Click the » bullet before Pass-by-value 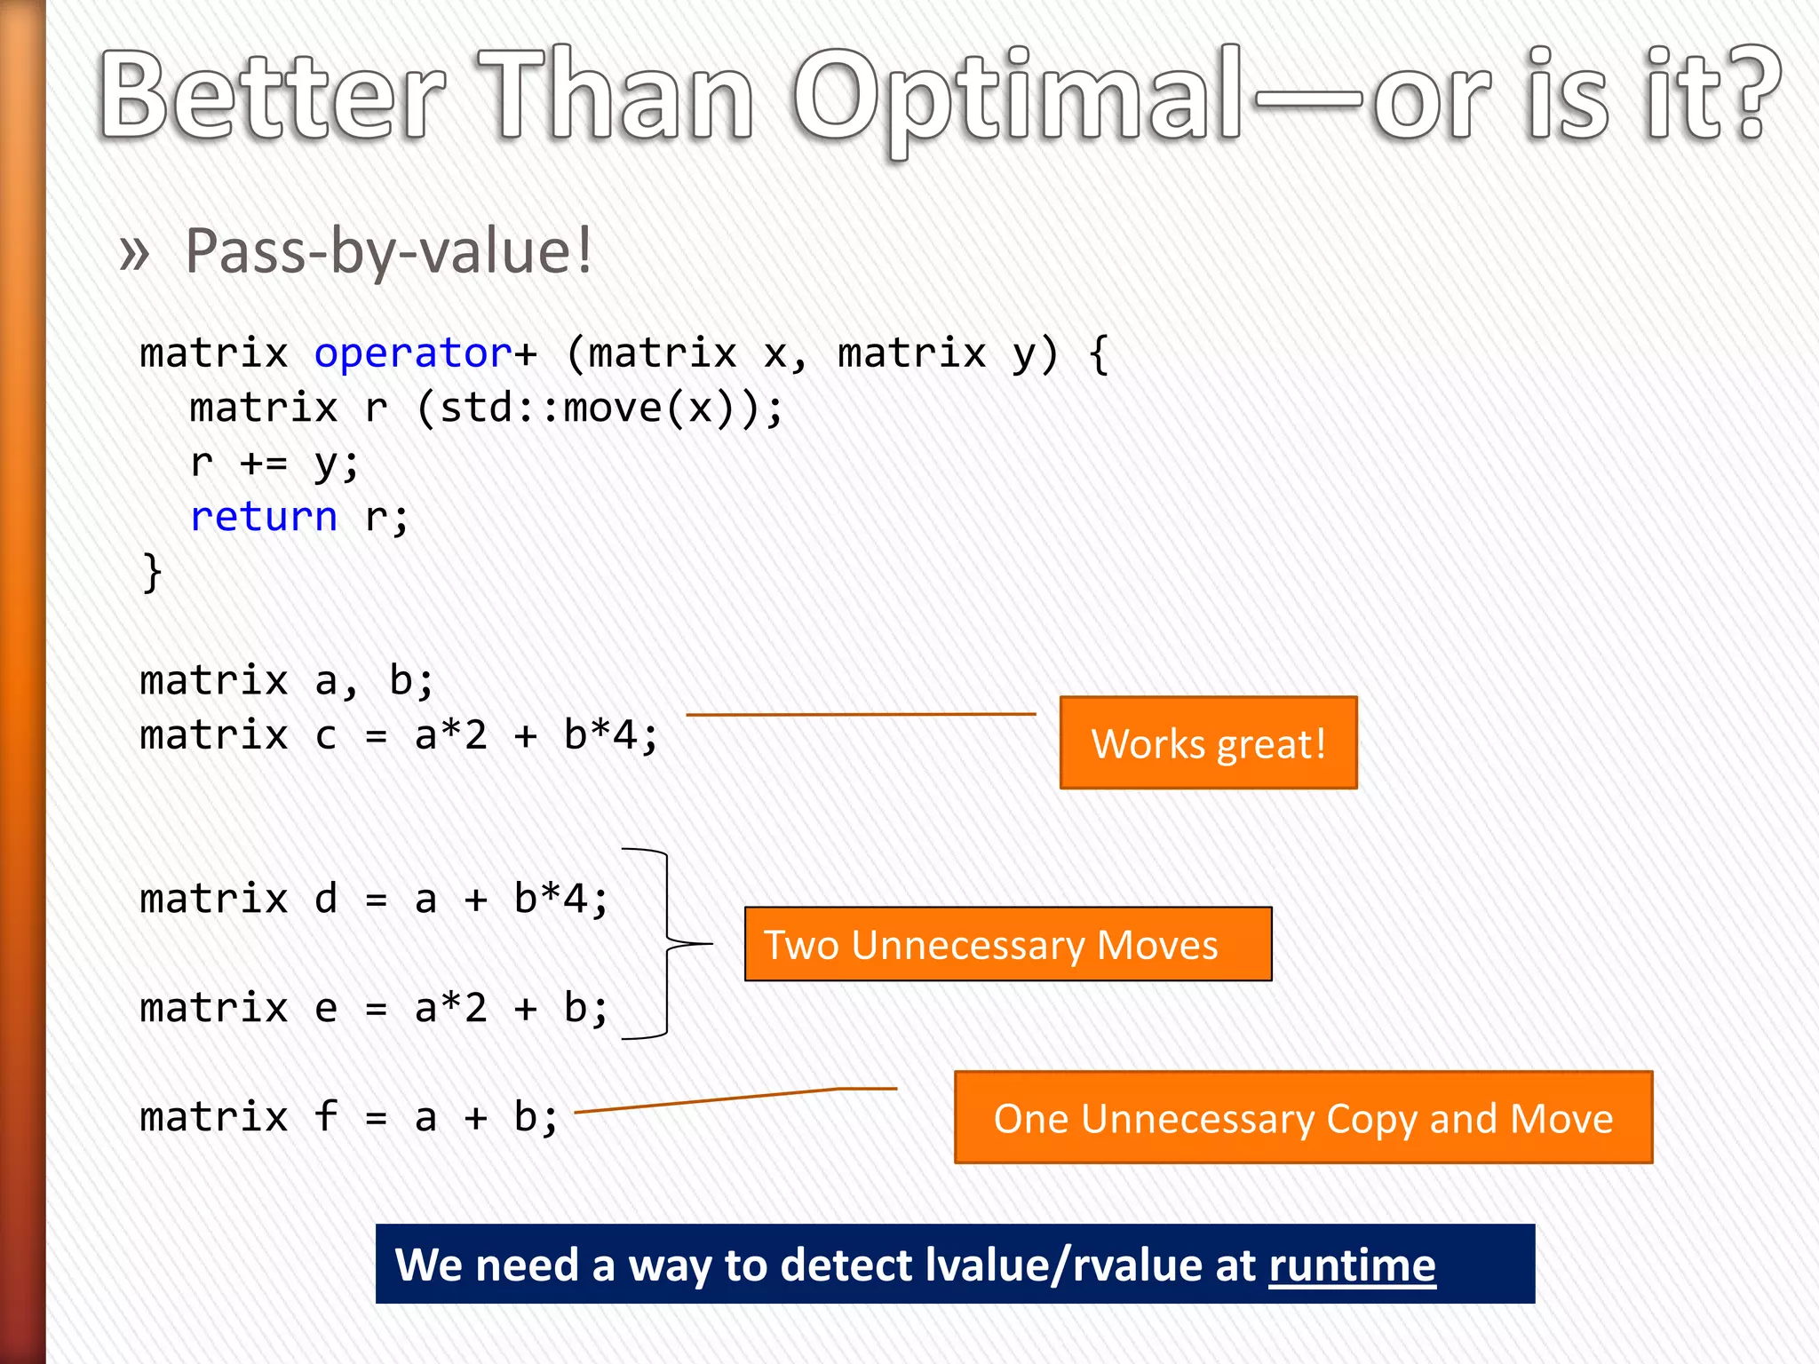(x=134, y=253)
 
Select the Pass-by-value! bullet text (x=388, y=252)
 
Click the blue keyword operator (x=413, y=353)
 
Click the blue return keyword (x=264, y=517)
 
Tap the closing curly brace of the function (x=152, y=572)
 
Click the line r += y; (x=274, y=463)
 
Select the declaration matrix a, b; (x=286, y=681)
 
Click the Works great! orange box (x=1208, y=743)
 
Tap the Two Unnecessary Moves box (x=1007, y=944)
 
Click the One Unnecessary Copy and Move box (x=1302, y=1118)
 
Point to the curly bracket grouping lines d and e (x=668, y=943)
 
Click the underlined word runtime (x=1351, y=1265)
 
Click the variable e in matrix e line (x=326, y=1009)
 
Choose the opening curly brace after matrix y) (x=1099, y=353)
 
